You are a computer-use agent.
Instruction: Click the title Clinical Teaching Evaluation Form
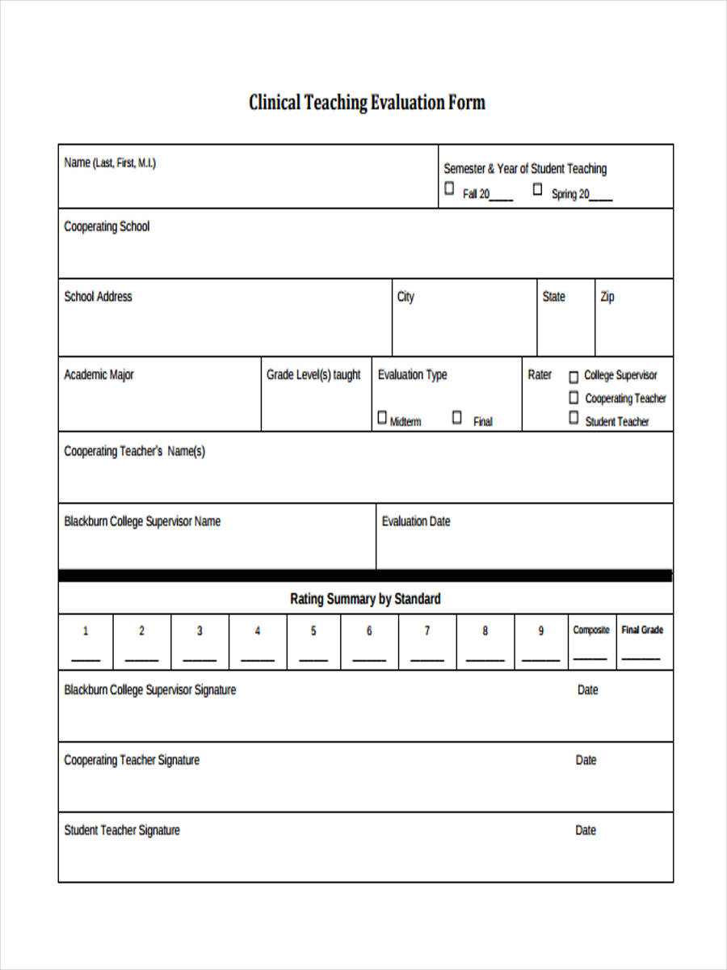coord(367,103)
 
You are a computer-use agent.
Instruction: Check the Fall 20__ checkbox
coord(449,189)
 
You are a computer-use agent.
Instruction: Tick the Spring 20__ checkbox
coord(537,189)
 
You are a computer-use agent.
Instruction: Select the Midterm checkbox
coord(382,418)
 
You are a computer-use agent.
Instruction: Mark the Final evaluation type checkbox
coord(457,418)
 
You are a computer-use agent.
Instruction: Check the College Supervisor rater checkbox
coord(574,376)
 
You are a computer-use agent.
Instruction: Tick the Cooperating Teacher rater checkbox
coord(574,398)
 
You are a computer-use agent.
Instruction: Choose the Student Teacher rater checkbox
coord(574,419)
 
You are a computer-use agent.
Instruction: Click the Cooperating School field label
coord(107,227)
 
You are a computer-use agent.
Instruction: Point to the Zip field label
coord(607,297)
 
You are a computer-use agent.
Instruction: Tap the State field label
coord(553,297)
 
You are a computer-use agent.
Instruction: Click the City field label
coord(406,297)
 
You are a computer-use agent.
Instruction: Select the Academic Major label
coord(99,375)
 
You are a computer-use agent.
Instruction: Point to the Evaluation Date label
coord(416,521)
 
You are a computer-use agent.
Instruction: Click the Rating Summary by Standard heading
coord(365,599)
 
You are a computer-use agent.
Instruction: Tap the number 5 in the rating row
coord(313,631)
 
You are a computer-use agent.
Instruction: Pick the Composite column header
coord(591,630)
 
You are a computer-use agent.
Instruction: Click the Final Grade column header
coord(642,630)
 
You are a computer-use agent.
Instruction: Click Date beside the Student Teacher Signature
coord(586,830)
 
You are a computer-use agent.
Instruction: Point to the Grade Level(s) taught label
coord(313,375)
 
